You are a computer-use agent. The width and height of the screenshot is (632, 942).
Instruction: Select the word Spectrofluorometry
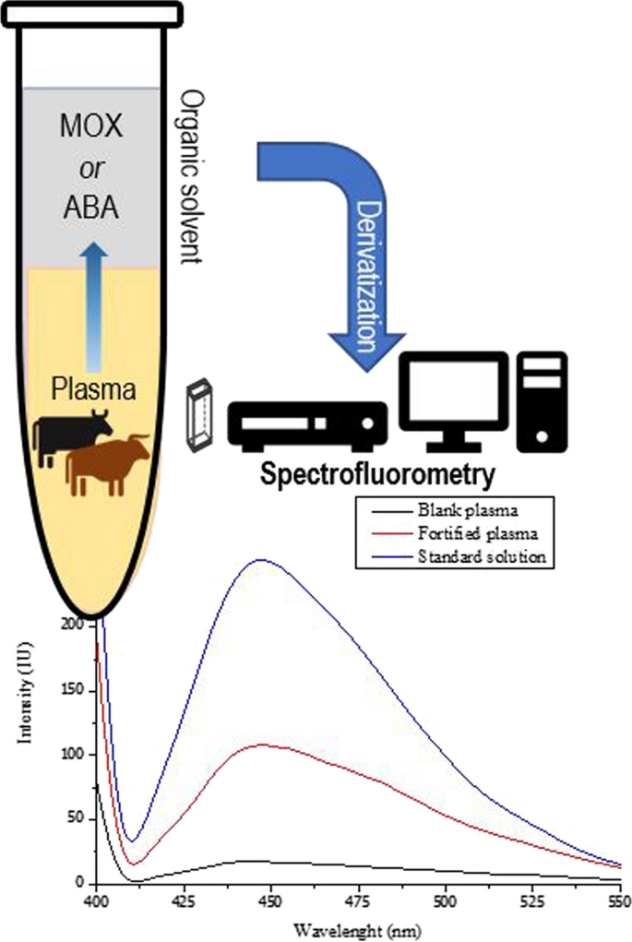click(376, 475)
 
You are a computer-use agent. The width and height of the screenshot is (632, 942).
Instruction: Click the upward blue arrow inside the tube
click(93, 304)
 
